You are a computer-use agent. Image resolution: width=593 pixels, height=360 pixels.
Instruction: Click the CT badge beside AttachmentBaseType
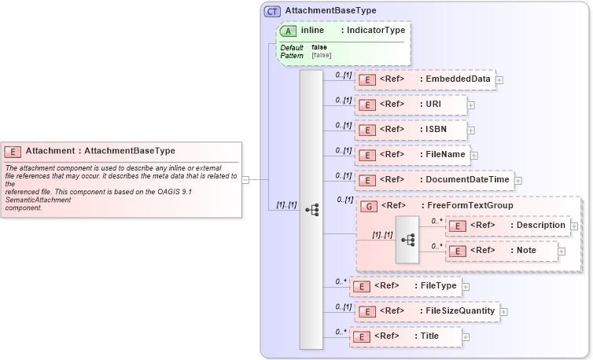tap(272, 11)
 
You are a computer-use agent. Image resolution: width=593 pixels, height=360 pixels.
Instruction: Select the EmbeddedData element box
tap(425, 79)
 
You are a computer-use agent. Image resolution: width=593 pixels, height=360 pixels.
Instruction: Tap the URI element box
tap(411, 105)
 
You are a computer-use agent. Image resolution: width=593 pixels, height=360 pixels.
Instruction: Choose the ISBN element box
tap(411, 130)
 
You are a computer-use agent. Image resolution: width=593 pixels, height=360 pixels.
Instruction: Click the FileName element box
tap(413, 155)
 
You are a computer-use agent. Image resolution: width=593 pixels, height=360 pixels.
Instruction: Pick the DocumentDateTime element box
tap(434, 181)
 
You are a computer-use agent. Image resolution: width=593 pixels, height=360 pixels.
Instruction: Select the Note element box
tap(502, 251)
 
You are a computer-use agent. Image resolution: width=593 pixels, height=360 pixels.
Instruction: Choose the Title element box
tap(405, 336)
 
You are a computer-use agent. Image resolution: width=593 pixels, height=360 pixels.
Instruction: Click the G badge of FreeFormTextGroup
tap(367, 206)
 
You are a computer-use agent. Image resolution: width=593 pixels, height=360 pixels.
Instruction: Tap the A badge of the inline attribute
tap(288, 31)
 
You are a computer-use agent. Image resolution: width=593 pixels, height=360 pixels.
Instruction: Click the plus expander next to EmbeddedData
tap(499, 79)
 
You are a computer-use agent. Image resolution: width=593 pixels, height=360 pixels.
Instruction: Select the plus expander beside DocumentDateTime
tap(517, 181)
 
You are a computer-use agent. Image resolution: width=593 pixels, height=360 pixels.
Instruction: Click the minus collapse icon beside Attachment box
tap(245, 179)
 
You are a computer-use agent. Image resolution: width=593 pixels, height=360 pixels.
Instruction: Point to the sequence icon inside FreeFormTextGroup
tap(409, 238)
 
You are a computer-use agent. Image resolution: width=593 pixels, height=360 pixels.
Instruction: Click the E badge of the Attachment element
tap(13, 151)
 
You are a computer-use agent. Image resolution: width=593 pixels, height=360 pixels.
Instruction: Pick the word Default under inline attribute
tap(292, 48)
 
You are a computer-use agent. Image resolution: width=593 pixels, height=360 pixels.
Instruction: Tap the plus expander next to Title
tap(466, 337)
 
